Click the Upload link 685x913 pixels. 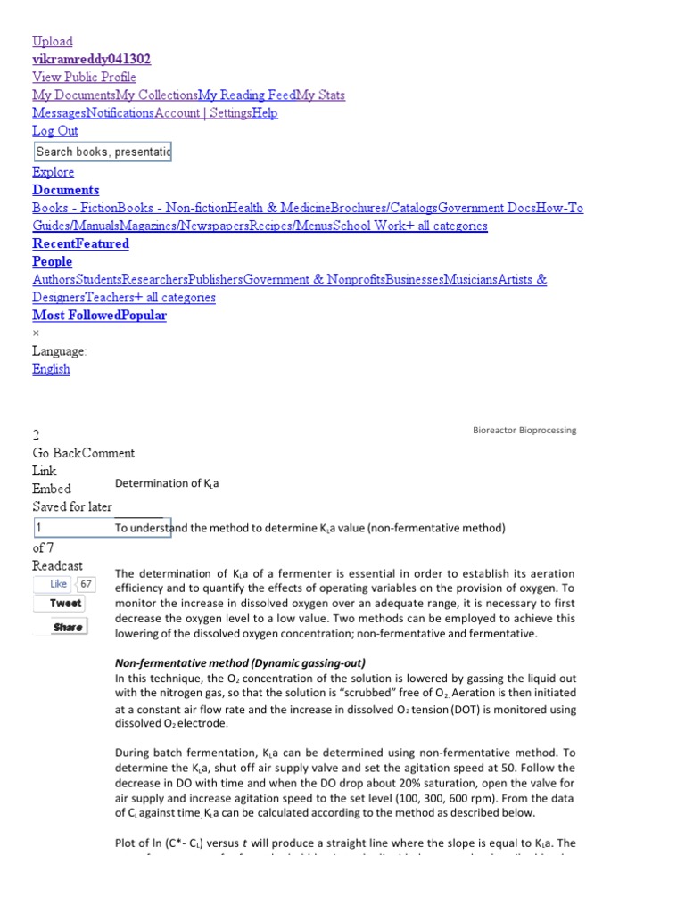[53, 41]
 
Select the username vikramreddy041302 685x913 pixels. [91, 59]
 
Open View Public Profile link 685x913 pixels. [84, 77]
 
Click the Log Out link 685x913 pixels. [55, 131]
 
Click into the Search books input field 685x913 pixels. [102, 152]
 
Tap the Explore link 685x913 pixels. [54, 172]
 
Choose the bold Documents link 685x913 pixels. [66, 190]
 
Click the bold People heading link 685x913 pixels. [53, 261]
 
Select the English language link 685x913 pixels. [51, 369]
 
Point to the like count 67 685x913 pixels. [86, 584]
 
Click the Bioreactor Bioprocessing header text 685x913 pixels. [524, 430]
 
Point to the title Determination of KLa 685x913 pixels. [167, 483]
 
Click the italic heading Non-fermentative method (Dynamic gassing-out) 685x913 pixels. [241, 663]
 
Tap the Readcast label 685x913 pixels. [58, 566]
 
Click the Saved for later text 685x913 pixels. [72, 506]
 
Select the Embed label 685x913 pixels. [52, 489]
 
